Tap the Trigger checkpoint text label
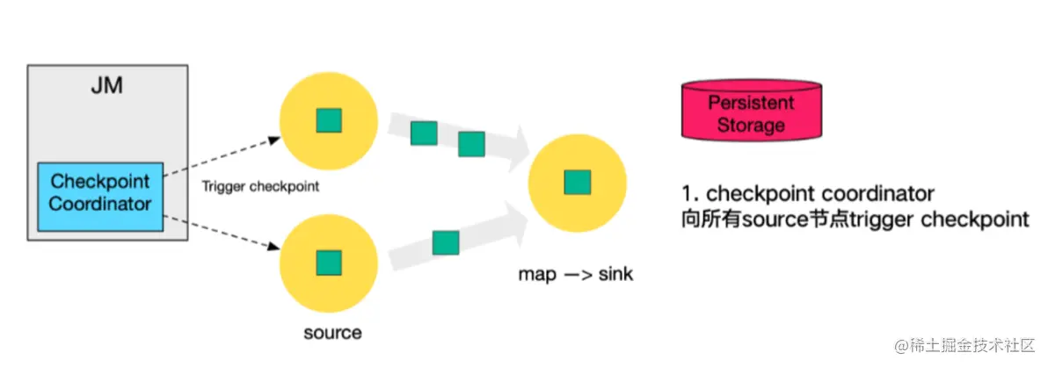tap(259, 187)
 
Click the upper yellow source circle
tap(328, 120)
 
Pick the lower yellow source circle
tap(328, 262)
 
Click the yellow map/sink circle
tap(577, 182)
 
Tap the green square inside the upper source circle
tap(329, 120)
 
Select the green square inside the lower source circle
tap(329, 262)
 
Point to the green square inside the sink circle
tap(578, 183)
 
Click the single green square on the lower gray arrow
tap(446, 242)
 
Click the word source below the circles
tap(331, 333)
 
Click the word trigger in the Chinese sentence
tap(884, 219)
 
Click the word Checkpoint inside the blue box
tap(100, 182)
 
